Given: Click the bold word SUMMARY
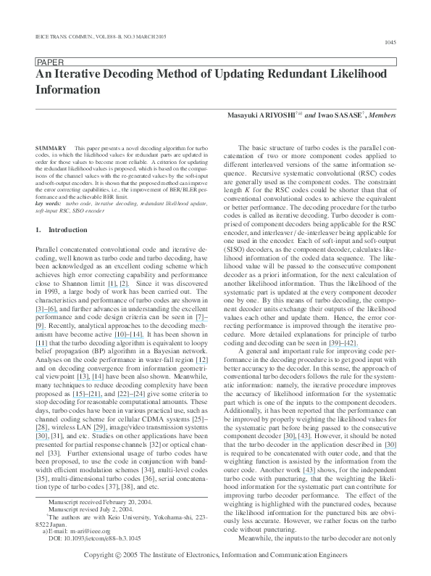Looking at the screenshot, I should click(x=50, y=147).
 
